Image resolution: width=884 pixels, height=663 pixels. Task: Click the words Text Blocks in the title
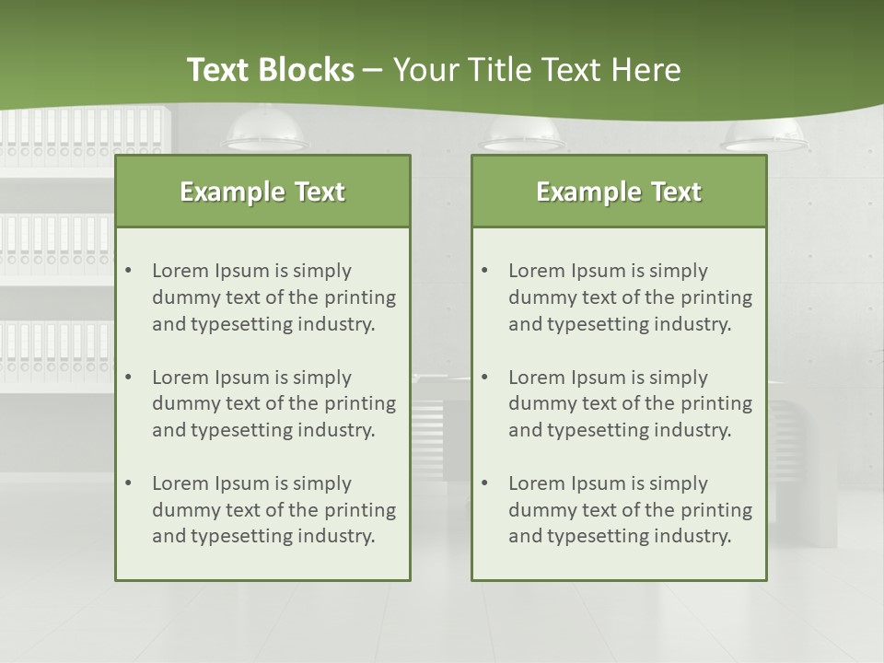pos(270,70)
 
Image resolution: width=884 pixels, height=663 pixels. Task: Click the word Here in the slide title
pos(647,70)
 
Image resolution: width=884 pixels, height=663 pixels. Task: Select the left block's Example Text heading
pos(262,192)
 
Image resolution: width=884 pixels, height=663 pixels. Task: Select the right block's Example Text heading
pos(619,192)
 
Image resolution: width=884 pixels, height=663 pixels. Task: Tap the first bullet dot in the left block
pos(129,271)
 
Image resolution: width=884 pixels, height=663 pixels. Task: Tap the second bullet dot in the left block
pos(129,378)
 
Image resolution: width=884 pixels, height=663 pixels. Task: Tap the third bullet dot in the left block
pos(129,483)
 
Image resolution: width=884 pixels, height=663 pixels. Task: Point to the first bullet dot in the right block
pos(485,271)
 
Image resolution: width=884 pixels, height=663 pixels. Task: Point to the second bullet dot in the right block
pos(485,378)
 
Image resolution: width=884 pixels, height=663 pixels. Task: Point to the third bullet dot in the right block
pos(485,483)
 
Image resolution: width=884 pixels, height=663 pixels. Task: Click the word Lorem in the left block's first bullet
pos(180,271)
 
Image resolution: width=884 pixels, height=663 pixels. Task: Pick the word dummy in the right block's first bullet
pos(539,297)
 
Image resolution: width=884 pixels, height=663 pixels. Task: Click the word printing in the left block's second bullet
pos(363,403)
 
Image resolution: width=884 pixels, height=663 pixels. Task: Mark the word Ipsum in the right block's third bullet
pos(599,483)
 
